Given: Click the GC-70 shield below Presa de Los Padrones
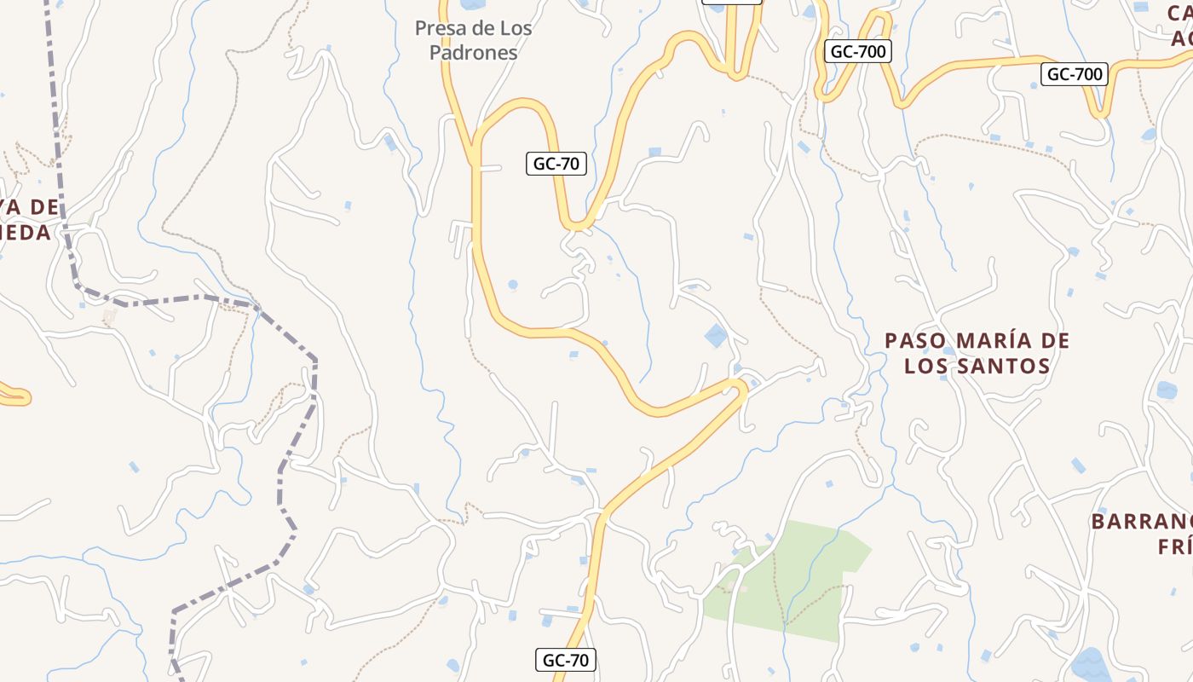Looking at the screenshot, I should point(556,164).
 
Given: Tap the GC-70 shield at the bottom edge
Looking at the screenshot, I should point(566,660).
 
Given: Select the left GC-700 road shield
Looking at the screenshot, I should point(858,51).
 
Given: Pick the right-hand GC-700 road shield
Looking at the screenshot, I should point(1075,74).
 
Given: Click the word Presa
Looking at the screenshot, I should point(441,28).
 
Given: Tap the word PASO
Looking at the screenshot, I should point(915,341).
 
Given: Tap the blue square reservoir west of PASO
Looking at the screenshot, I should point(716,336).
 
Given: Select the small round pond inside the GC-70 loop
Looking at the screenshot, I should point(512,285).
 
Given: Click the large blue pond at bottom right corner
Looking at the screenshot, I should point(1088,663).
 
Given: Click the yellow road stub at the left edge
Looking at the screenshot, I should point(15,396).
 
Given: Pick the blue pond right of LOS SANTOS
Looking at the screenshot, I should point(1166,390).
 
